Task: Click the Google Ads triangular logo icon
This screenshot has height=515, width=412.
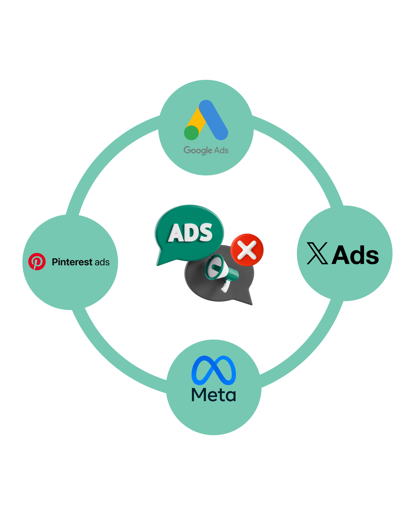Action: (x=206, y=121)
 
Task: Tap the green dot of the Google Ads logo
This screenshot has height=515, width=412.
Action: (x=191, y=133)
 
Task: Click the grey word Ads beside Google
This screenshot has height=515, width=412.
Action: (x=221, y=150)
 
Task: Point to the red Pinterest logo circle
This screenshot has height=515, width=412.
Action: (x=37, y=262)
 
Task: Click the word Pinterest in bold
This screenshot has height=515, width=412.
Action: (x=72, y=262)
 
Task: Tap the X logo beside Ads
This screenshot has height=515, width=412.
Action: (x=317, y=253)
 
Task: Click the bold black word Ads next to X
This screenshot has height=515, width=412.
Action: (x=355, y=255)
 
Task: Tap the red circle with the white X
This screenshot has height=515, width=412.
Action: (x=247, y=250)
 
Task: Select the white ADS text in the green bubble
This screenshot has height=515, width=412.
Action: (x=190, y=233)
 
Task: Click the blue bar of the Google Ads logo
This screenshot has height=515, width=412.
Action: (x=213, y=120)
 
